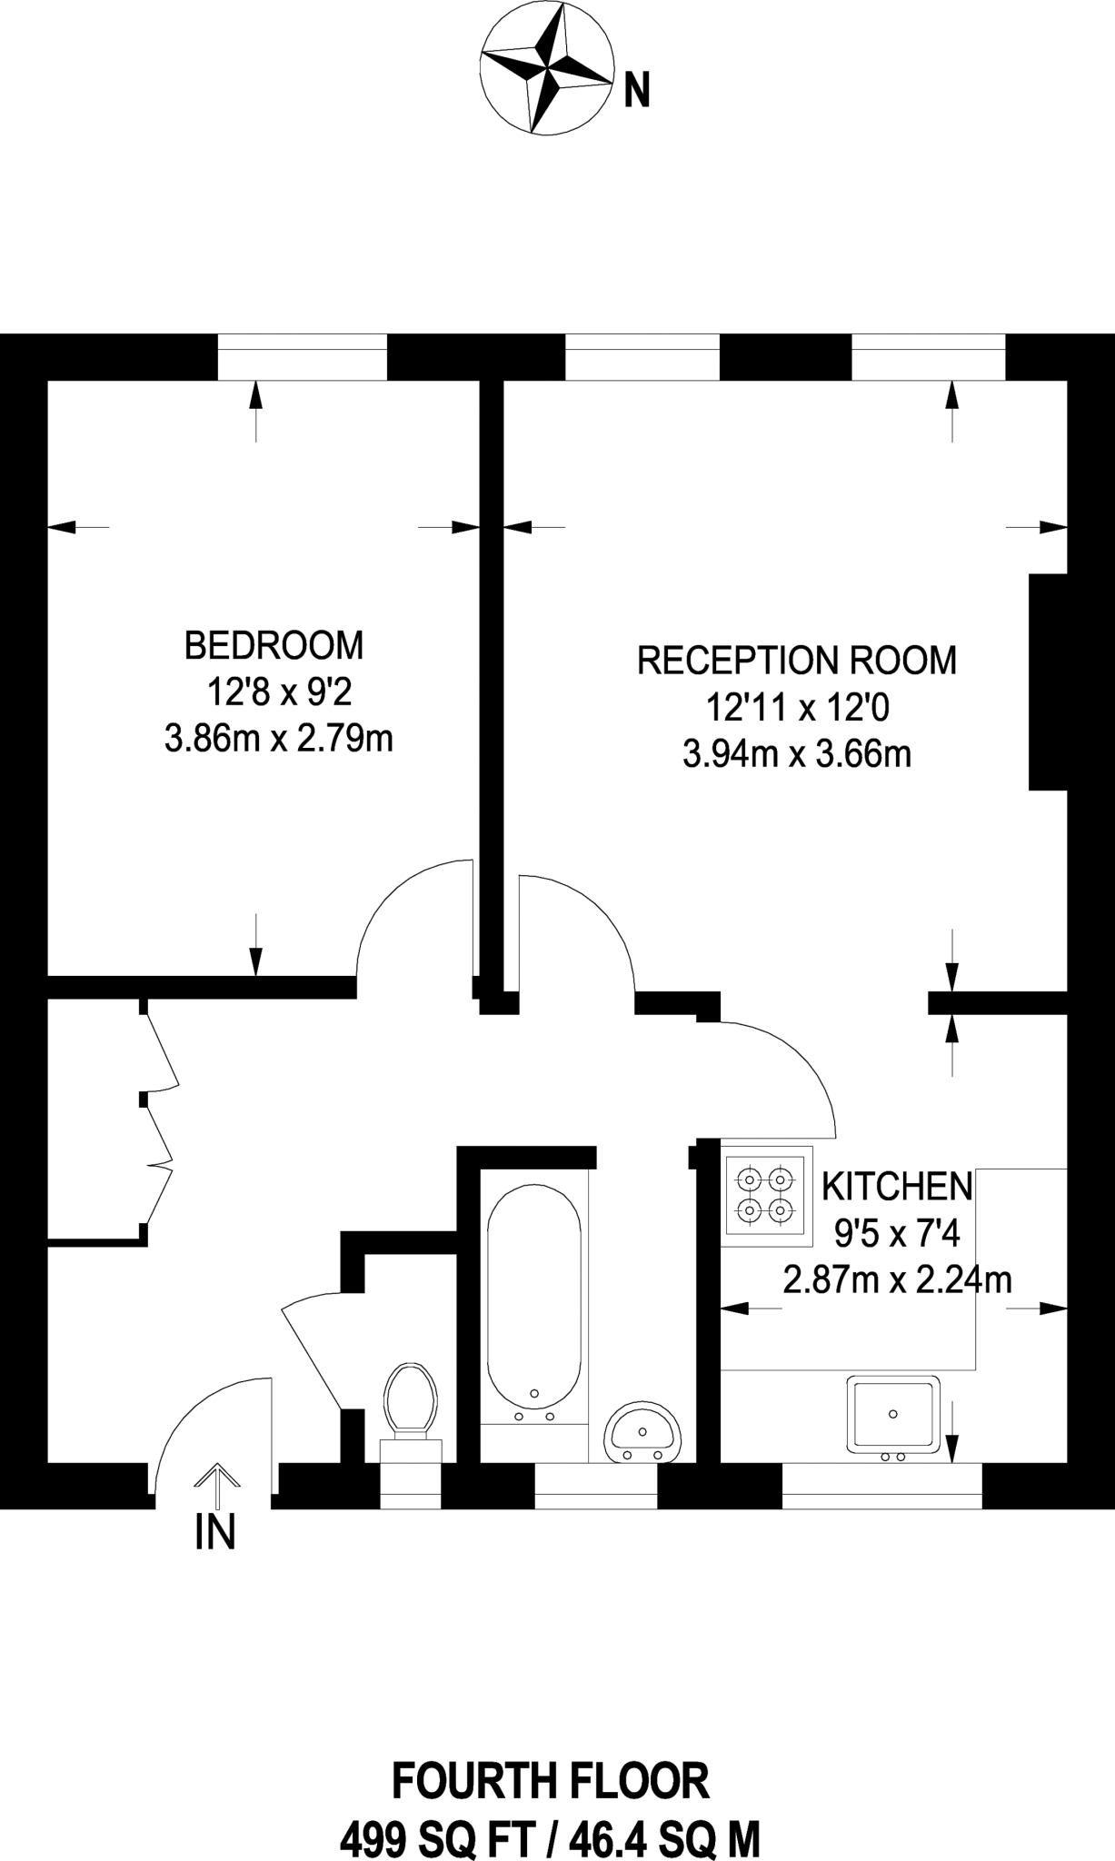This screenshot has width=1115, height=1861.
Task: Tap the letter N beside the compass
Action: click(x=637, y=91)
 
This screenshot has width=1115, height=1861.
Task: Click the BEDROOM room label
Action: click(x=274, y=645)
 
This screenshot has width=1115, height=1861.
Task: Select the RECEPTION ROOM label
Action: click(x=797, y=661)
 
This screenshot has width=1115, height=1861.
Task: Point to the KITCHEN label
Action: click(x=897, y=1186)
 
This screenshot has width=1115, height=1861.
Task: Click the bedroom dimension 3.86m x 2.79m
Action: click(x=279, y=739)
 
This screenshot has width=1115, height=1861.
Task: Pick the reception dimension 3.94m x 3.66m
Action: click(x=797, y=754)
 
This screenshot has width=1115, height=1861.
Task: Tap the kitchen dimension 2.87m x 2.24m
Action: click(x=898, y=1280)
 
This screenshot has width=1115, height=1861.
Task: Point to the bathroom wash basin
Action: click(x=642, y=1433)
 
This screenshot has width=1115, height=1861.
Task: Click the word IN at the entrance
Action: click(x=215, y=1533)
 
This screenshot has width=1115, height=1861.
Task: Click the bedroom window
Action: click(x=303, y=357)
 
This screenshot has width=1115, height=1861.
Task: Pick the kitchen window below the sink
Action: click(x=882, y=1487)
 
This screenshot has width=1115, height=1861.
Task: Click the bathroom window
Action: click(x=595, y=1487)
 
